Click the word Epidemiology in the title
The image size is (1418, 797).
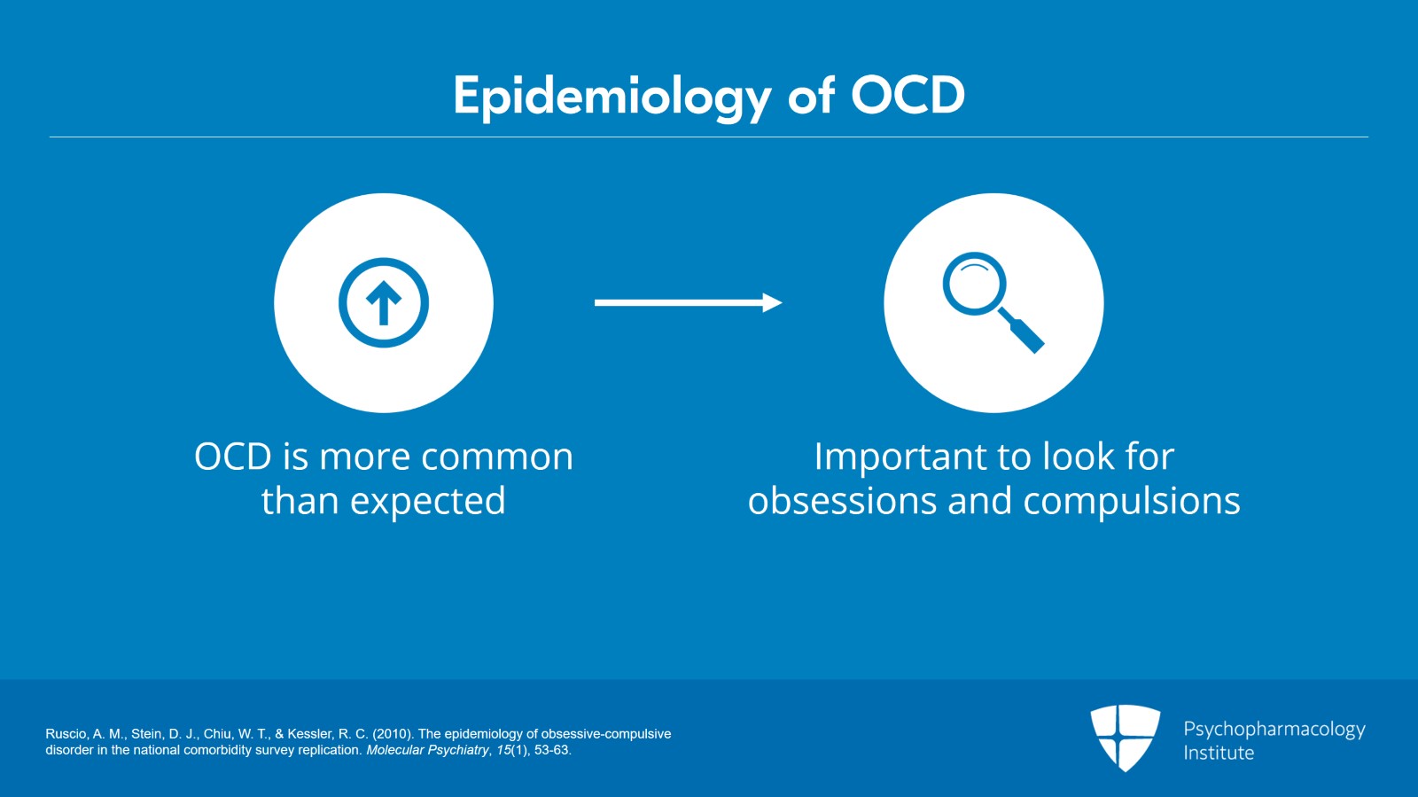click(612, 96)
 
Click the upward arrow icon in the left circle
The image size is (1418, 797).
click(384, 302)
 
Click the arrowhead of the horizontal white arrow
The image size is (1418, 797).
click(772, 302)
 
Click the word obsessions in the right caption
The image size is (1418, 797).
click(841, 502)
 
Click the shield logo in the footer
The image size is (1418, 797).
click(1125, 737)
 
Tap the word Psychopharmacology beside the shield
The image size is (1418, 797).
click(1274, 729)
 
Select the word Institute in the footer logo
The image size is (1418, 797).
click(1219, 753)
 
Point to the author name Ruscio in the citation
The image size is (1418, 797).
click(66, 734)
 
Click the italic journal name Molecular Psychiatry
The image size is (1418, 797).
click(427, 750)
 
